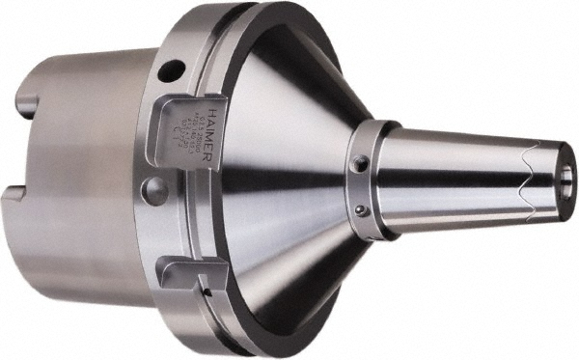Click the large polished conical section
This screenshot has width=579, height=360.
click(x=280, y=183)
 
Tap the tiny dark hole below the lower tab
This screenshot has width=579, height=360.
click(x=204, y=291)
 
